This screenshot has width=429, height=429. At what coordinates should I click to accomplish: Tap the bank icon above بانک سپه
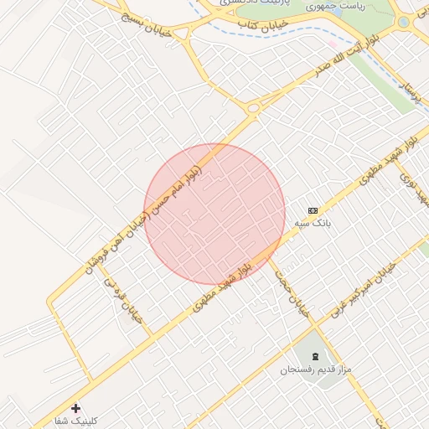[313, 210]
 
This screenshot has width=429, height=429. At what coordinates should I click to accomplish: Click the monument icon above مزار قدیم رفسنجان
[314, 356]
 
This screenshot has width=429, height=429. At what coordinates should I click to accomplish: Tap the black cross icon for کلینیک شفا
[76, 408]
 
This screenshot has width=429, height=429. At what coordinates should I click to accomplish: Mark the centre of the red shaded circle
[214, 214]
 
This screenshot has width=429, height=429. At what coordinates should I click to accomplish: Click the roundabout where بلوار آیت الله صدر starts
[253, 107]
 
